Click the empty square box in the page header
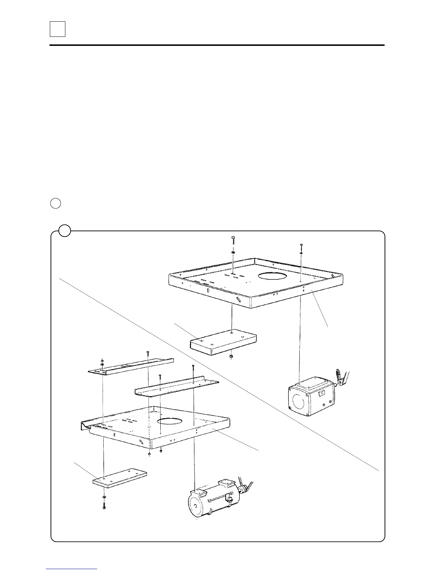tap(57, 29)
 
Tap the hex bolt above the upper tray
tap(233, 239)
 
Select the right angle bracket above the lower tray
tap(177, 387)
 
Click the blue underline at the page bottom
tap(72, 568)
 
